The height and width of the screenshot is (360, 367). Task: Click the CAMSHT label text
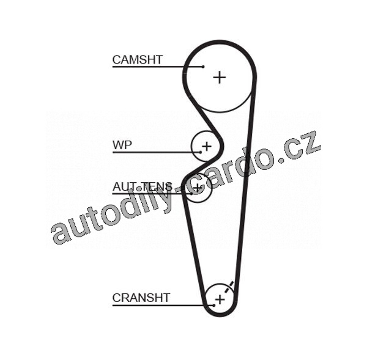137,59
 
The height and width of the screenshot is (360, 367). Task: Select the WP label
122,145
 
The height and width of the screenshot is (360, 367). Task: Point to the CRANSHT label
141,298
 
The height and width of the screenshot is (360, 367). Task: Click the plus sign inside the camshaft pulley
219,77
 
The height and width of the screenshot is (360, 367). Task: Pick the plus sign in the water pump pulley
206,146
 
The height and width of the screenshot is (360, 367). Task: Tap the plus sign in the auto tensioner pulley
197,188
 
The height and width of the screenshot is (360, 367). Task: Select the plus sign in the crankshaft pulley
219,299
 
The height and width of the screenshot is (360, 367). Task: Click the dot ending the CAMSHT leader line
202,66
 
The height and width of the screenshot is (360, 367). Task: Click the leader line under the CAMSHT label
153,66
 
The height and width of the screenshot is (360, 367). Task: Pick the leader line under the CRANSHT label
153,305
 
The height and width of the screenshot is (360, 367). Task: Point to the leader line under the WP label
153,152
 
